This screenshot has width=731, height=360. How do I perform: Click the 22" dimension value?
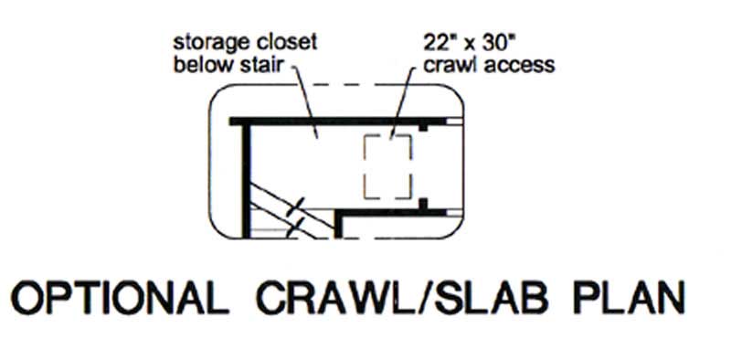click(x=440, y=43)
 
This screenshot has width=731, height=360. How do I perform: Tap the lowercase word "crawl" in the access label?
click(x=447, y=66)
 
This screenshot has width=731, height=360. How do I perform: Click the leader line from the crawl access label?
click(x=402, y=105)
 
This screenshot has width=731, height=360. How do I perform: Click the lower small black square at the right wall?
click(x=423, y=201)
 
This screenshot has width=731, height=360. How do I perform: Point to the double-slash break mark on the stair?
click(x=294, y=216)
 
